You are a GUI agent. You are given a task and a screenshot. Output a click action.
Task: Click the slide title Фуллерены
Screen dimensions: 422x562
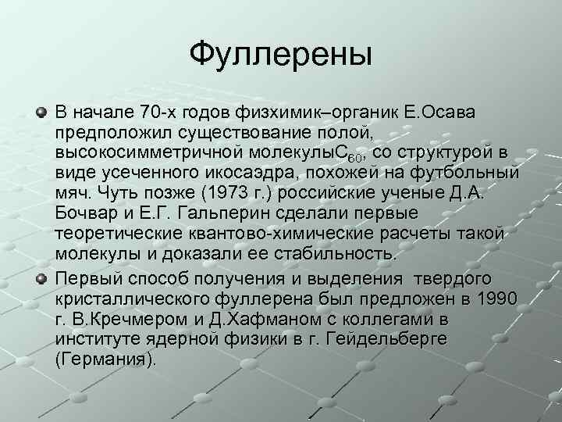(281, 55)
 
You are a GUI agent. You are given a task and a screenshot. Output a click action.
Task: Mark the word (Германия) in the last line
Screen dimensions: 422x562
(105, 359)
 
